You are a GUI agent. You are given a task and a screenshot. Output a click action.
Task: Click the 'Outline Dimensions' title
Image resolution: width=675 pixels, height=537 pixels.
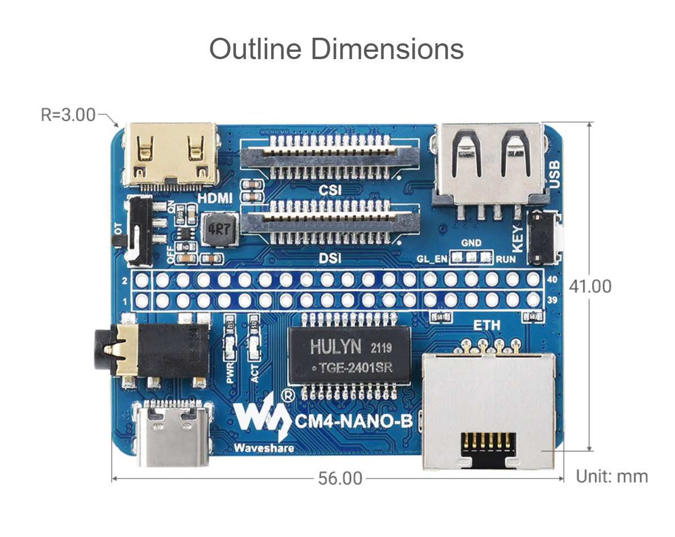[x=336, y=49]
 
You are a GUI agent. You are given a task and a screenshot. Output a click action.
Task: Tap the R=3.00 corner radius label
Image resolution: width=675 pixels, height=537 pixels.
[x=68, y=115]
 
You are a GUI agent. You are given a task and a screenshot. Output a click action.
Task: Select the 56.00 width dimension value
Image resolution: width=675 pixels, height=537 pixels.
[x=340, y=478]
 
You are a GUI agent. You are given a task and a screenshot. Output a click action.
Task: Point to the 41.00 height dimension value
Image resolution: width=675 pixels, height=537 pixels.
[x=590, y=286]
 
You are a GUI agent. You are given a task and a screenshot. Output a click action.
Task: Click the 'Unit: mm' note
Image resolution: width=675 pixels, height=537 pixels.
[x=612, y=477]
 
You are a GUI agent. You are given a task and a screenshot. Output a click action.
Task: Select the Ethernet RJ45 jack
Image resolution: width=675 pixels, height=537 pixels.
[x=488, y=411]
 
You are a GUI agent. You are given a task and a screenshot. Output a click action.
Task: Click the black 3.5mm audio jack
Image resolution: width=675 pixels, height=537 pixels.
[x=152, y=352]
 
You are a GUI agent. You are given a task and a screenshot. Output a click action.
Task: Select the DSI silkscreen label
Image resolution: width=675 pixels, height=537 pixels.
[x=330, y=258]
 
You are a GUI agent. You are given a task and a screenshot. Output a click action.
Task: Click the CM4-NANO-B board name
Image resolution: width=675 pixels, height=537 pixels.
[x=354, y=420]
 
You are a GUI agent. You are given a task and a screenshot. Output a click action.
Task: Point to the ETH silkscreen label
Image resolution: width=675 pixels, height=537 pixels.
[x=487, y=325]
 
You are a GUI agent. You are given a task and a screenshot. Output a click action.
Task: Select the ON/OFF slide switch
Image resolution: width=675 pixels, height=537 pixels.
[x=138, y=231]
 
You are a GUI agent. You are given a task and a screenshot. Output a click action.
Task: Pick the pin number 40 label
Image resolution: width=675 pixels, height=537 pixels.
[x=552, y=279]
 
